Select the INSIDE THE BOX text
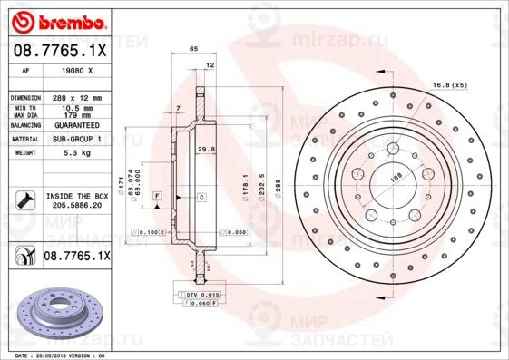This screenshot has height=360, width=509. pos(77,196)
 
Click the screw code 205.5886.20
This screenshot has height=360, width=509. pos(77,206)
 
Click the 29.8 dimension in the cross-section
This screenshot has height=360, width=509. pos(205,150)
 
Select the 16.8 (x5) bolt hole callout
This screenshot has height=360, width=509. pos(450,84)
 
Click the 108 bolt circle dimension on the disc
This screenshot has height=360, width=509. pos(396,179)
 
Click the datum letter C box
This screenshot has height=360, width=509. pos(201,197)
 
